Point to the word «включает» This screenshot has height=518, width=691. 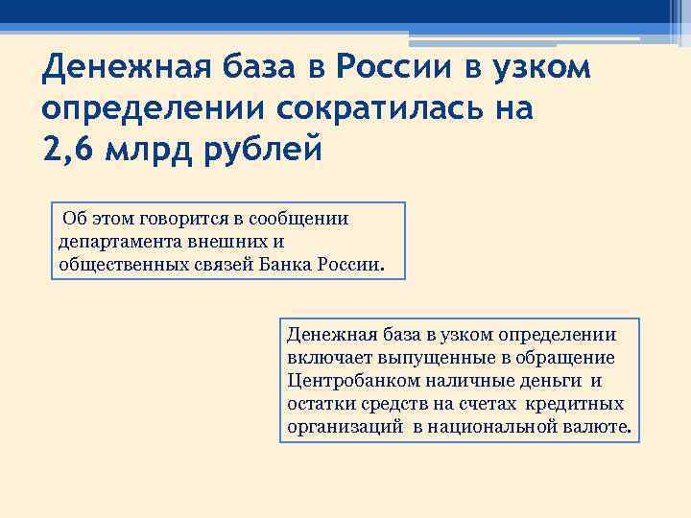[323, 358]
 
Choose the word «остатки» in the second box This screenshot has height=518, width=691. [318, 404]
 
